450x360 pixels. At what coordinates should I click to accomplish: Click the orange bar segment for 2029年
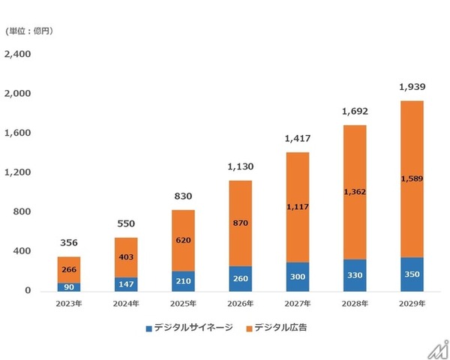[411, 179]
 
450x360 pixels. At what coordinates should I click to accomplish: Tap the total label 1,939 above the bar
[411, 87]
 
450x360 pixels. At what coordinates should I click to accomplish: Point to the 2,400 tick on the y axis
[17, 55]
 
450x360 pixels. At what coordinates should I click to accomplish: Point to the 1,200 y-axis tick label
[17, 172]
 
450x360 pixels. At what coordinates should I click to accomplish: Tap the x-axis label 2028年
[355, 304]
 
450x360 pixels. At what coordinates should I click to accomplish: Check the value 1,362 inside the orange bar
[355, 192]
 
